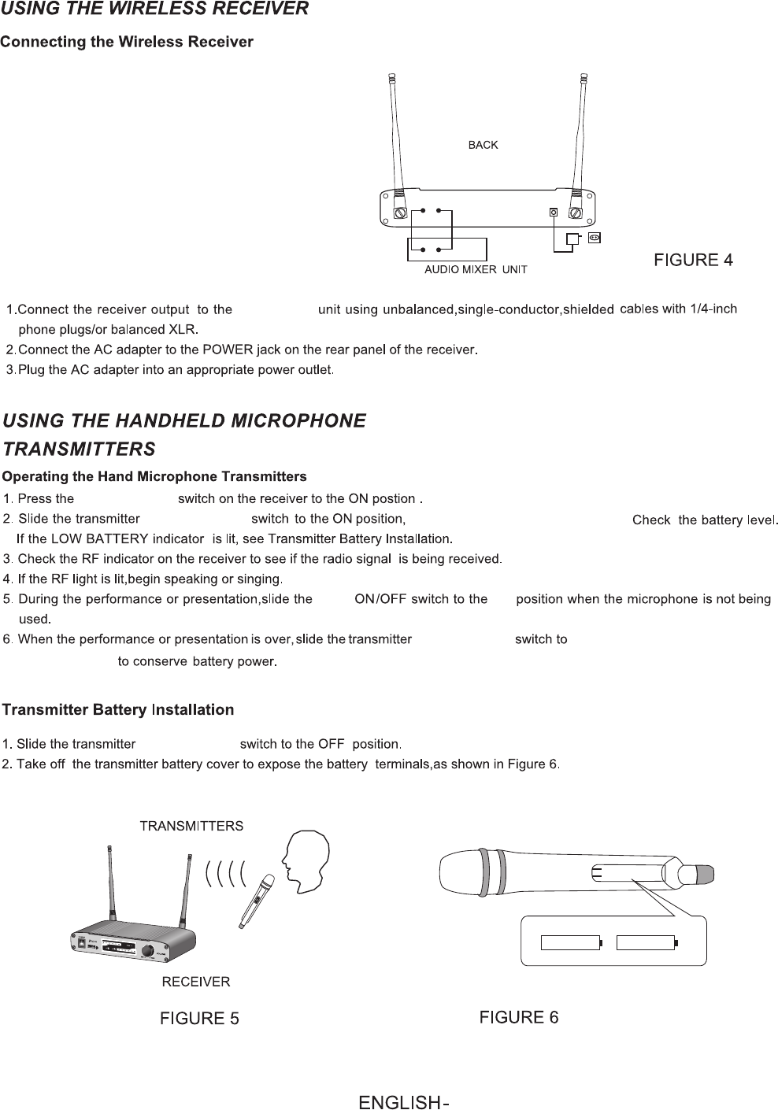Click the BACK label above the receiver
483,145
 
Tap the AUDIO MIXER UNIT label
476,269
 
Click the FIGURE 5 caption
199,1019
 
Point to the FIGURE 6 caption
519,1017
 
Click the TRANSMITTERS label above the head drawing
191,826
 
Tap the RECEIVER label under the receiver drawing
195,982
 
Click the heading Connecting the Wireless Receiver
127,42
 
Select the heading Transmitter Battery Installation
118,710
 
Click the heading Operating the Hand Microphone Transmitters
154,477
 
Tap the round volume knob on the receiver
149,952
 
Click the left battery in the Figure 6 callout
572,942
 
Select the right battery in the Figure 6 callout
646,942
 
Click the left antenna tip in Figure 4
391,79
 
